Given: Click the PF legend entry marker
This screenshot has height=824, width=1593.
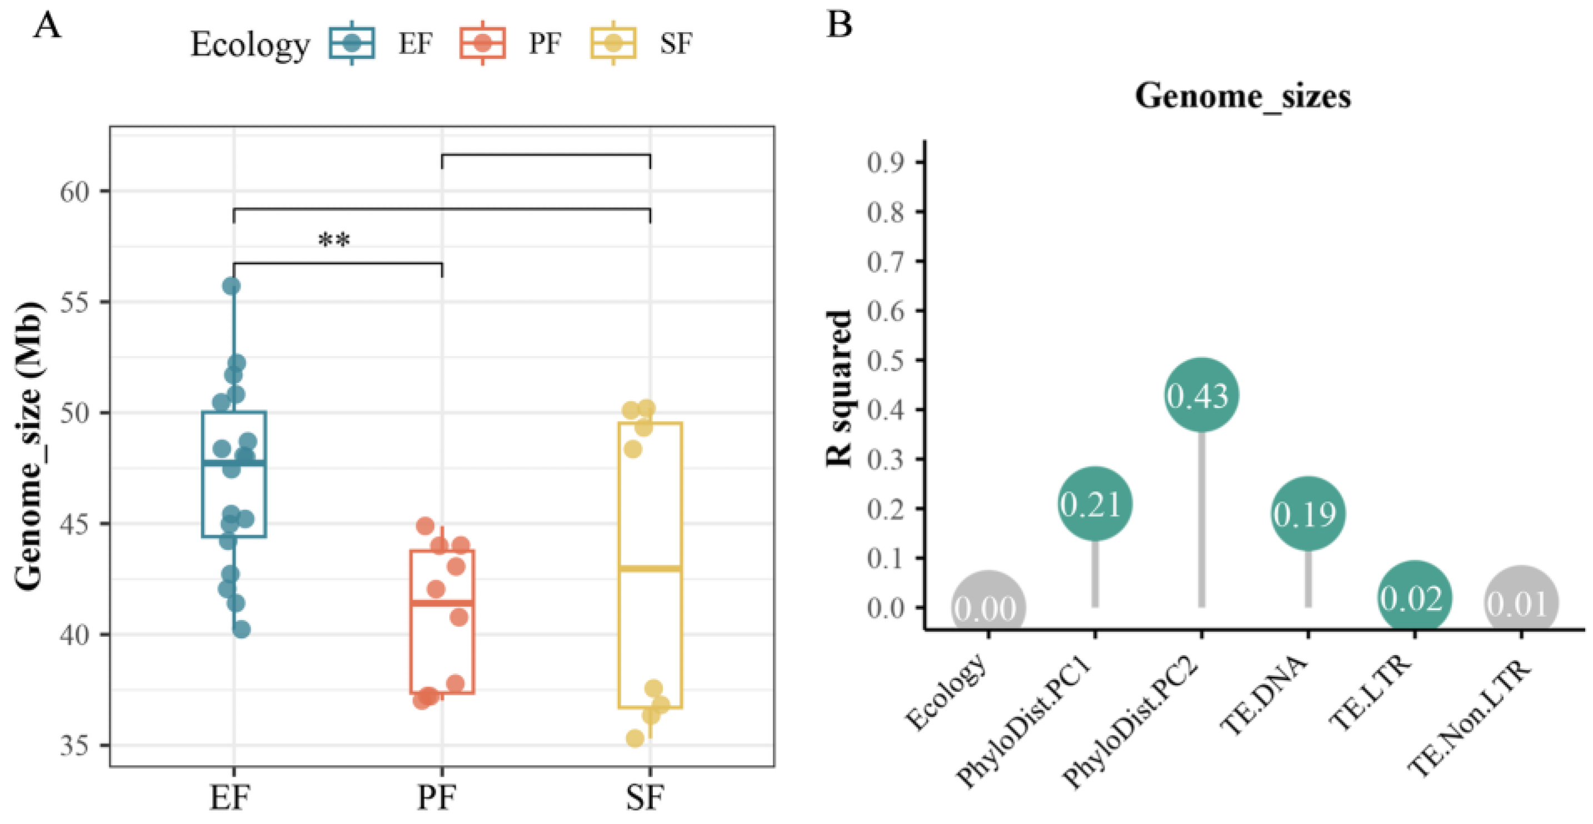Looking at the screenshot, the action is click(482, 43).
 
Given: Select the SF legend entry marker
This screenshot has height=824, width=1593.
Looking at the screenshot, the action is click(613, 43).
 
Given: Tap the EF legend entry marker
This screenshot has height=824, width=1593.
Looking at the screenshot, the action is click(352, 43).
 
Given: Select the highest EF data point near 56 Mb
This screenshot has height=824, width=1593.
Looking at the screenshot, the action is click(231, 286).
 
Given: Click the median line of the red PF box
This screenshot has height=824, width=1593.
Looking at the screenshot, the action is click(442, 602).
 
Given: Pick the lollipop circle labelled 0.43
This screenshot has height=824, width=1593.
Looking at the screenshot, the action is click(1201, 394).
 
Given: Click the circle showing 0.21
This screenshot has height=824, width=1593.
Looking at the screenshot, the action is click(1095, 503).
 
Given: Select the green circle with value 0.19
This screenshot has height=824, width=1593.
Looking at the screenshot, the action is click(1308, 513).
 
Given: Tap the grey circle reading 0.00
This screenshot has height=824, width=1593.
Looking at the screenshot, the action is click(988, 607).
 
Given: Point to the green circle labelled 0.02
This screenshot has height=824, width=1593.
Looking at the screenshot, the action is click(1414, 598).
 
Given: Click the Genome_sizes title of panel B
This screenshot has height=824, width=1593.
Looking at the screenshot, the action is click(1243, 97).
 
